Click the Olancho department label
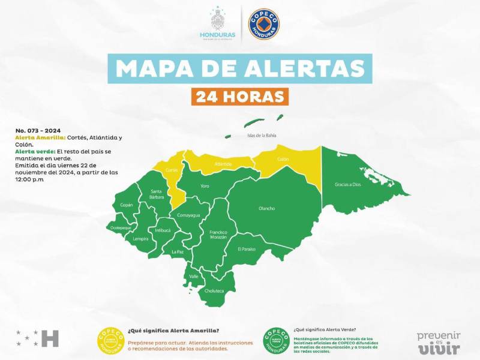pyautogui.click(x=266, y=208)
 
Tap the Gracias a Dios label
pyautogui.click(x=347, y=184)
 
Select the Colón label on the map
pyautogui.click(x=283, y=159)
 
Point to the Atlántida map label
pyautogui.click(x=223, y=163)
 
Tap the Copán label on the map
pyautogui.click(x=127, y=205)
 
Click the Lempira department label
pyautogui.click(x=141, y=239)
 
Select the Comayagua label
pyautogui.click(x=188, y=214)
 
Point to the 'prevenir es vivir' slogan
pyautogui.click(x=439, y=342)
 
